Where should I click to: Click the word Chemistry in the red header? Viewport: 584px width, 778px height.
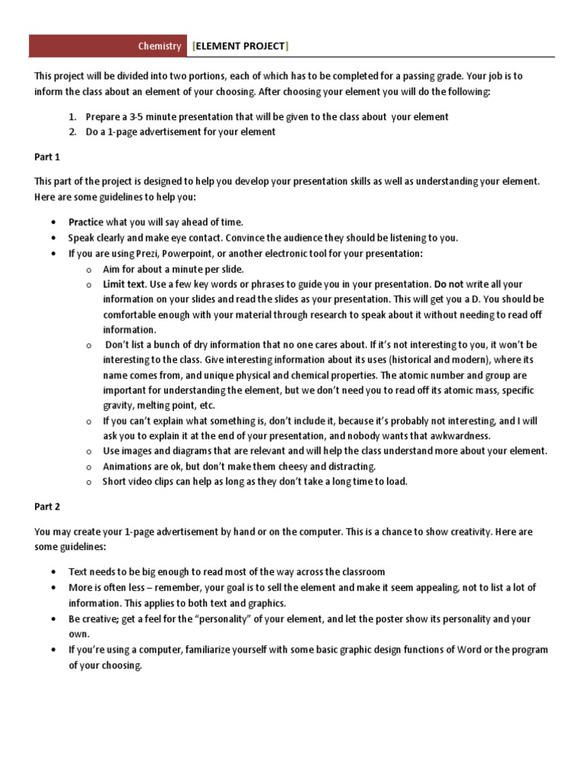click(160, 46)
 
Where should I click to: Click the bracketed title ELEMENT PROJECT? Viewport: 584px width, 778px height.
click(240, 46)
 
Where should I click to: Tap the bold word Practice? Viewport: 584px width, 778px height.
click(86, 222)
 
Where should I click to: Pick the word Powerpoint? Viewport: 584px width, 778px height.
click(183, 253)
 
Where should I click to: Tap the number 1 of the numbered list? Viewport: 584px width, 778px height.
click(72, 117)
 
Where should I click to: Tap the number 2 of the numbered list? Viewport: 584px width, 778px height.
click(72, 131)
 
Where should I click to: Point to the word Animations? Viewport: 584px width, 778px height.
click(127, 466)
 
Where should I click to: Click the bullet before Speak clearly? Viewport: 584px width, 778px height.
click(52, 238)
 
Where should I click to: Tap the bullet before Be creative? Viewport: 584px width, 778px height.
click(52, 619)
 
